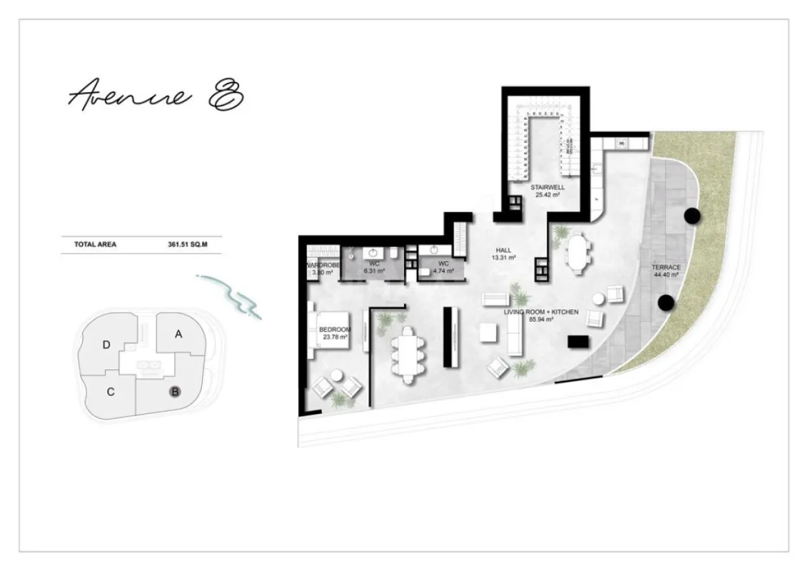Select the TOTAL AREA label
[95, 244]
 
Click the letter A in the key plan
[178, 333]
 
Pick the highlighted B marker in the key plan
[173, 391]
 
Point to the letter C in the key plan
[111, 391]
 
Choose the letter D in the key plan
[106, 345]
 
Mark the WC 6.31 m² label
[375, 268]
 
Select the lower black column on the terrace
[666, 303]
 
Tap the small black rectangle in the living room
[579, 342]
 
